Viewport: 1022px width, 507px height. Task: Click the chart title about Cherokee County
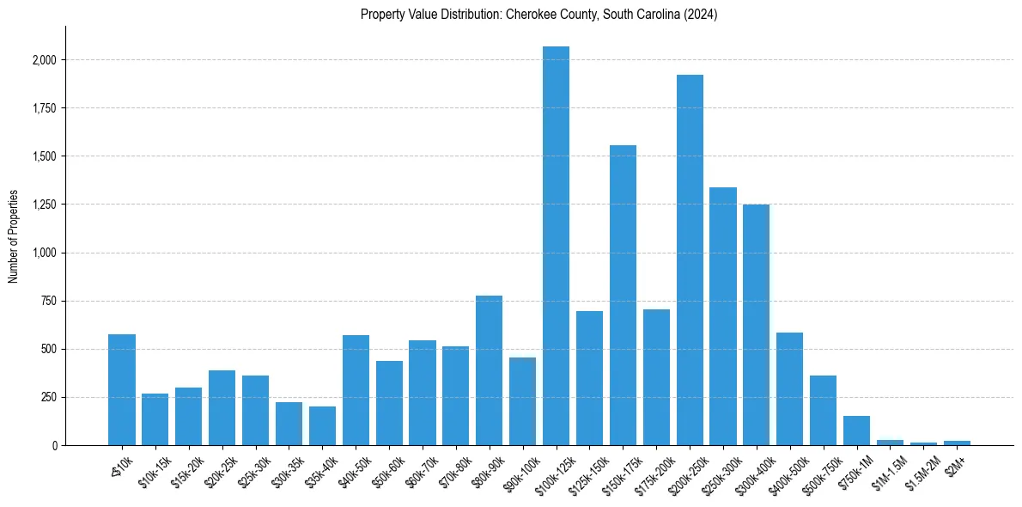click(539, 15)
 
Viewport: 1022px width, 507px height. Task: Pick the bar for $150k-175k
click(623, 296)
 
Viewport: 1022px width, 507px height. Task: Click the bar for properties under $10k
click(122, 390)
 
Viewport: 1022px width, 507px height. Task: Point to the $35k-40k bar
click(322, 426)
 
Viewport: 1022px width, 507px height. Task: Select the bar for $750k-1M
click(856, 431)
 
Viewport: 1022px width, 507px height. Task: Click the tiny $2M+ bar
click(957, 443)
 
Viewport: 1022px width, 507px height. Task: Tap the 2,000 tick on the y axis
click(45, 60)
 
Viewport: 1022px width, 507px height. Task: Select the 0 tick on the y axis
click(54, 445)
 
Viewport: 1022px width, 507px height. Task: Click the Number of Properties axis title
click(14, 235)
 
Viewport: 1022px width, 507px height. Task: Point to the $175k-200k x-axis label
click(654, 472)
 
